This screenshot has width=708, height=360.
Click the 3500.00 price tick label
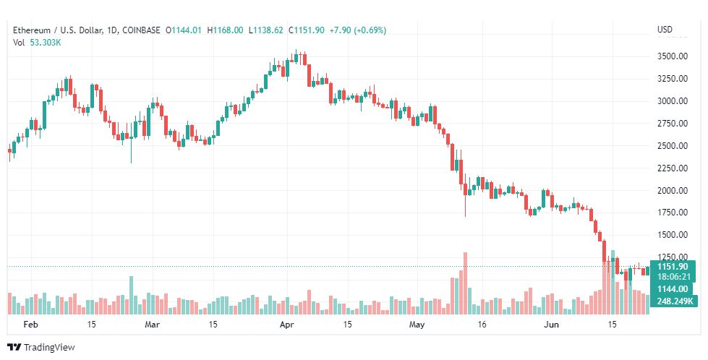pos(673,56)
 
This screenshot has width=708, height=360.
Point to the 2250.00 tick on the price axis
pos(673,168)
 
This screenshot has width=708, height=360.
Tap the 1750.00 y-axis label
pos(673,213)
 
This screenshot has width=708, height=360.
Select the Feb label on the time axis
pos(30,325)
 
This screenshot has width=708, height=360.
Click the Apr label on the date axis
pos(288,325)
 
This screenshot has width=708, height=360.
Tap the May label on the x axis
pos(417,325)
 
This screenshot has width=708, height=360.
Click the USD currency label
pos(665,30)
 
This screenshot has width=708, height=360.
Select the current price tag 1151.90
pos(673,267)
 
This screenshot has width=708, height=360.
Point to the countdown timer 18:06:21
pos(673,277)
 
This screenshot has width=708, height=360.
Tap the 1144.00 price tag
pos(672,289)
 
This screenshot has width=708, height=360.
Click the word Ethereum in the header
pos(32,30)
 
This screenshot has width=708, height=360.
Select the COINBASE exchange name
pos(141,30)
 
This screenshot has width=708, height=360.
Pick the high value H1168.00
pos(225,30)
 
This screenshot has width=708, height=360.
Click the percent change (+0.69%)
pos(370,30)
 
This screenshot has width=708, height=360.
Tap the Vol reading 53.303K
pos(45,43)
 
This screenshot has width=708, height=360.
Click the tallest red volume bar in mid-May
pos(465,283)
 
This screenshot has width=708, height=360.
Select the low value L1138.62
pos(265,30)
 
